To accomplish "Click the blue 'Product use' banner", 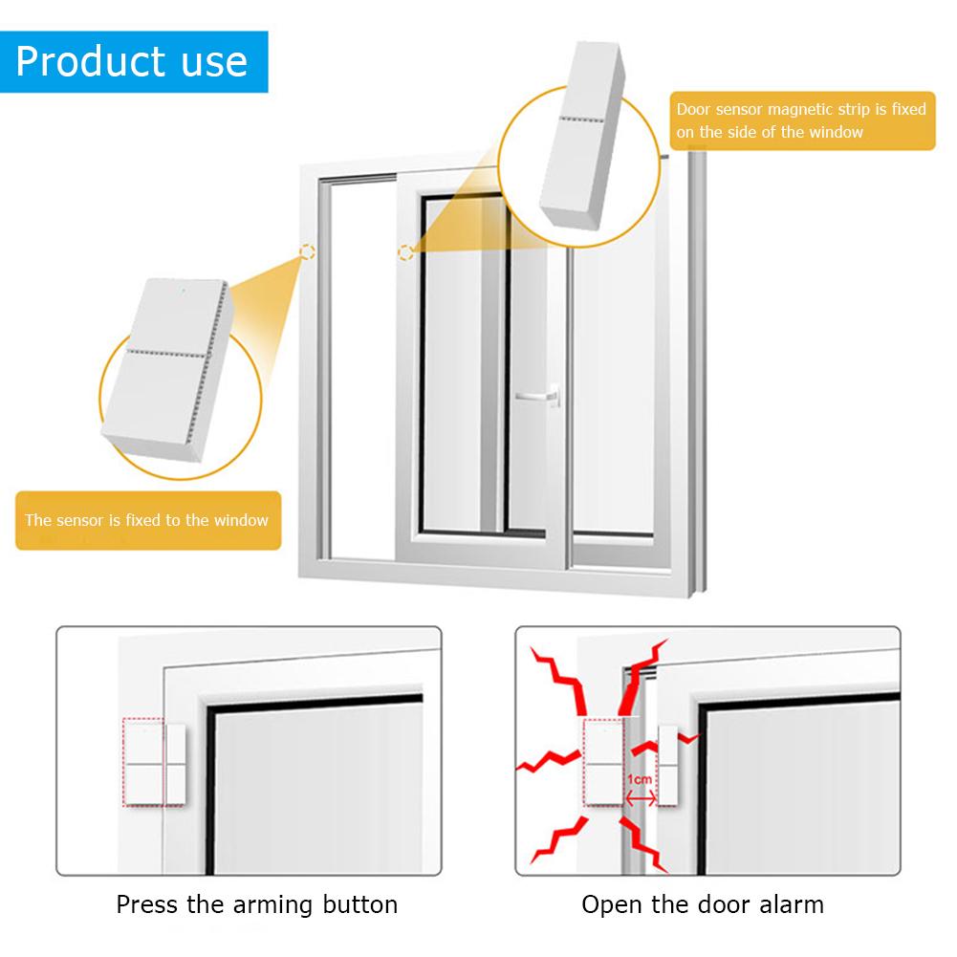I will click(133, 61).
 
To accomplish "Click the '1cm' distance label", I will click(640, 779).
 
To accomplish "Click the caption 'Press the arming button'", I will click(256, 904).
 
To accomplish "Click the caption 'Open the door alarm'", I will click(703, 904).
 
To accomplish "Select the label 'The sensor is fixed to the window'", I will click(147, 521).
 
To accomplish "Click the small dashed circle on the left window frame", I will click(306, 252).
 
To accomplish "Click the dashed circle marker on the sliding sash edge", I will click(405, 252).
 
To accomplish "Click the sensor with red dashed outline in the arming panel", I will click(144, 763).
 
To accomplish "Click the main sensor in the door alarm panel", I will click(603, 763).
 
